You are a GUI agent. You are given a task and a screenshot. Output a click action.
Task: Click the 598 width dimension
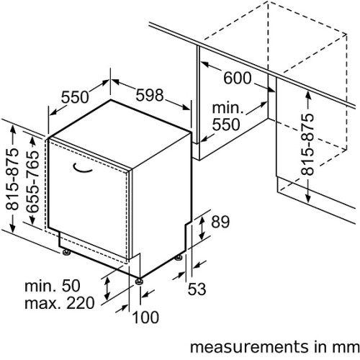150,95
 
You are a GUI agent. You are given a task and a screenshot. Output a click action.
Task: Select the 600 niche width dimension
238,78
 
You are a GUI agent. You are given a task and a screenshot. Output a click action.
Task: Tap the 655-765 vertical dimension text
32,181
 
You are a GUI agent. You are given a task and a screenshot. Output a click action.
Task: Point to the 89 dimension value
220,222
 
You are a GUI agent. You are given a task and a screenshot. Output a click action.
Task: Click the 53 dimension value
197,289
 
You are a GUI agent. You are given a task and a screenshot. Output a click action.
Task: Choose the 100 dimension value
145,317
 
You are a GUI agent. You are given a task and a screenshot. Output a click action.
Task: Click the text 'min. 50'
53,286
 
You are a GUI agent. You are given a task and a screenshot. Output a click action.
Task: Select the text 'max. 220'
60,303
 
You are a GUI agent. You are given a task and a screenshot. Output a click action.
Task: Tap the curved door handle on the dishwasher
82,168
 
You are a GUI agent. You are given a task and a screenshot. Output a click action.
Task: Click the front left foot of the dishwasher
66,252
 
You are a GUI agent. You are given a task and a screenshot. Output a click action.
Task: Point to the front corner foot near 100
139,281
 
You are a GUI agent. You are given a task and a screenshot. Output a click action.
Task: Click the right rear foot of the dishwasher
179,258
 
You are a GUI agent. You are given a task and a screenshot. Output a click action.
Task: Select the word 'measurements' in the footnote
249,347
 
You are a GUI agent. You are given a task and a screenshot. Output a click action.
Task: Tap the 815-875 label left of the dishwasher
12,179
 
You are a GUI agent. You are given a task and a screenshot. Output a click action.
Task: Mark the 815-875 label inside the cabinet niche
307,144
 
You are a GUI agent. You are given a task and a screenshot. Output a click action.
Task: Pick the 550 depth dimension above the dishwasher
75,97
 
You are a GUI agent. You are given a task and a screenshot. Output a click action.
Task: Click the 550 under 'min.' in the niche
226,125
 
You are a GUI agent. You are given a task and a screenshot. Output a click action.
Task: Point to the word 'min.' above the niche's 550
228,108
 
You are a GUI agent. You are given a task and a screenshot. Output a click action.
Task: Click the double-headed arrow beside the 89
202,228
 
